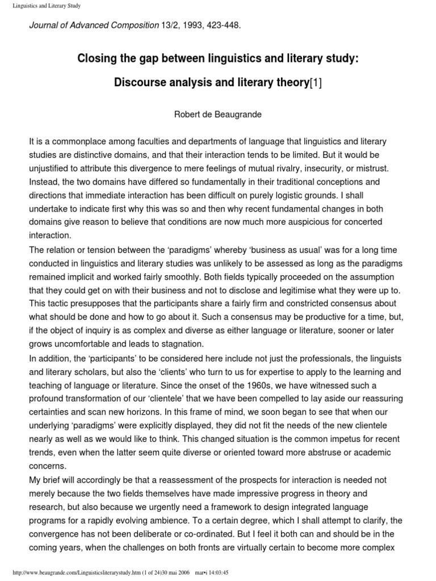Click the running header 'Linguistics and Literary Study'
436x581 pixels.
(45, 6)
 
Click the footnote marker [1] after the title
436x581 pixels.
(315, 83)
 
